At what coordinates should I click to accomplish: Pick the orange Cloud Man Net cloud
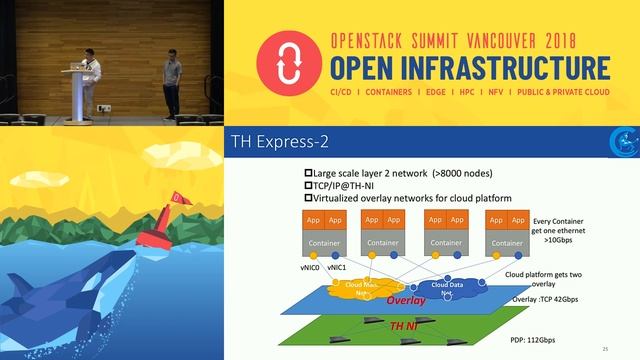pos(359,288)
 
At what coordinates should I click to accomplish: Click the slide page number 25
pos(605,348)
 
